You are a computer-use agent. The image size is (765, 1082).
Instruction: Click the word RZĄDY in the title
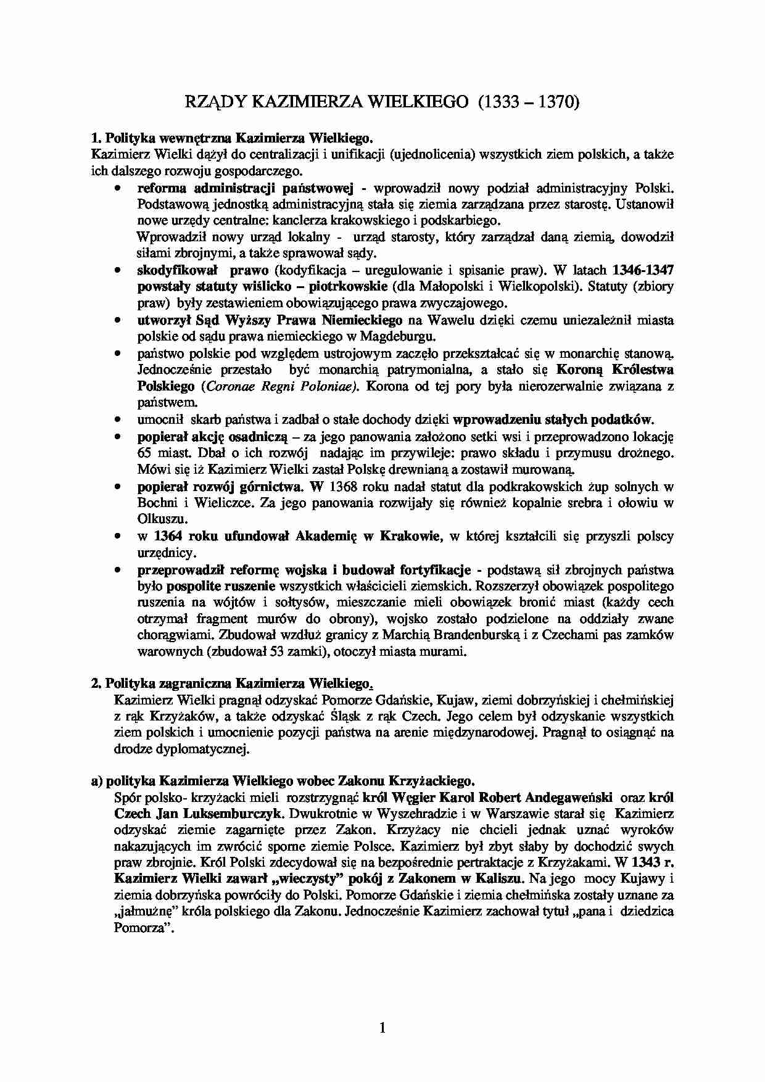pos(209,102)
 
